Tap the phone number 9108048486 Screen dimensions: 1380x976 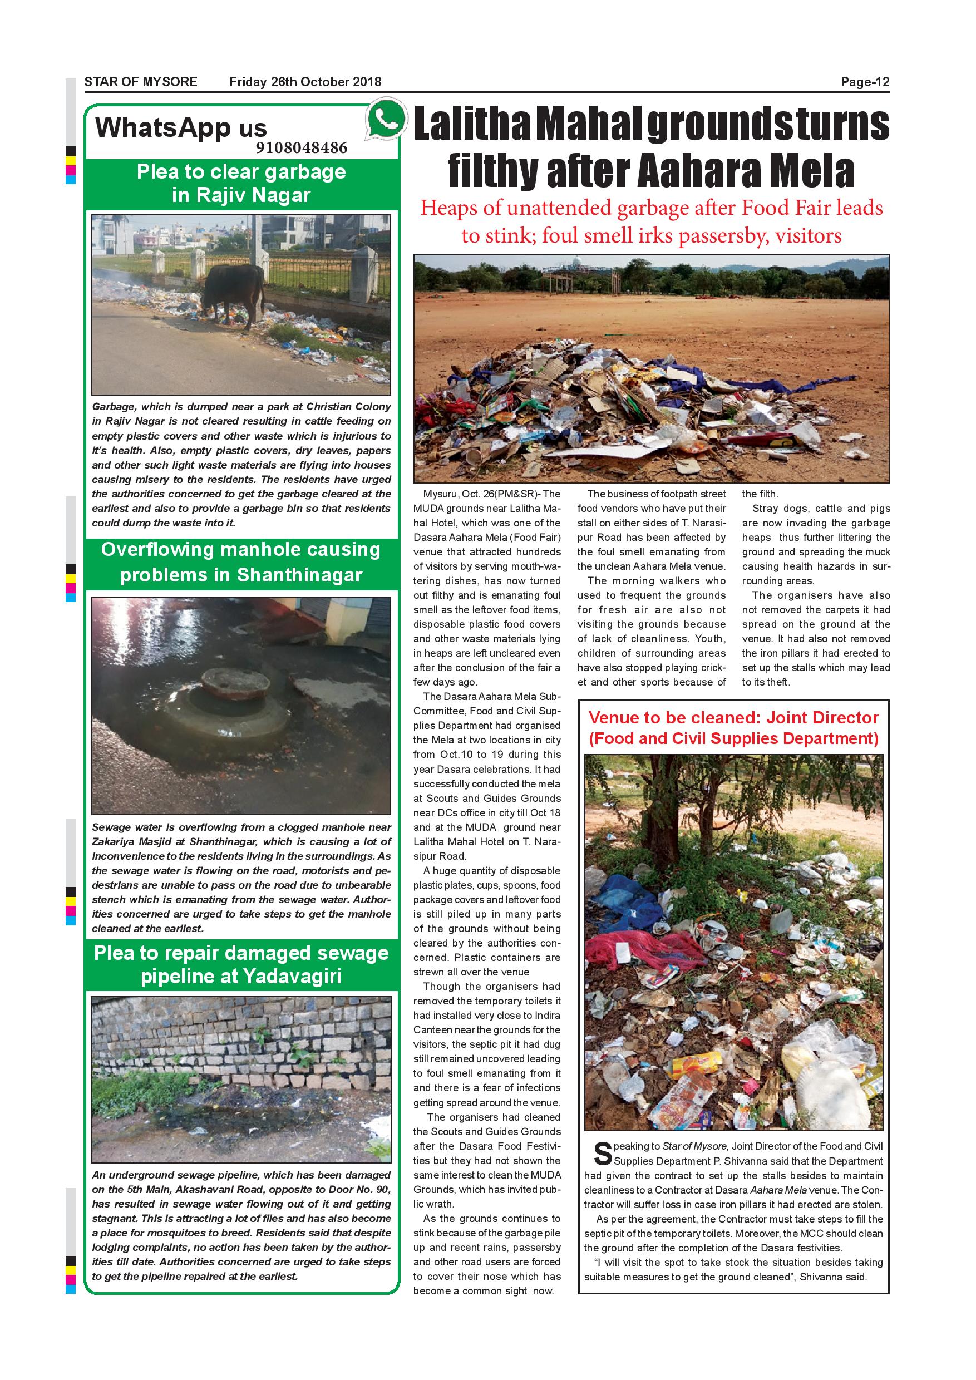point(301,148)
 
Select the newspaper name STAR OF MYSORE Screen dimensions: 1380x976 point(141,82)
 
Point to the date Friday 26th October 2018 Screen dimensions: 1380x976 point(305,82)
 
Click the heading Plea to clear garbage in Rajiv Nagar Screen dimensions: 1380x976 point(241,183)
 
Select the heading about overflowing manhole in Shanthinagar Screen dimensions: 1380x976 point(241,562)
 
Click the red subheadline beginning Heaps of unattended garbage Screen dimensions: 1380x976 point(651,221)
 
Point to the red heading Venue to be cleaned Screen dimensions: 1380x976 point(733,727)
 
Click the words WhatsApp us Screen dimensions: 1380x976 point(181,127)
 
